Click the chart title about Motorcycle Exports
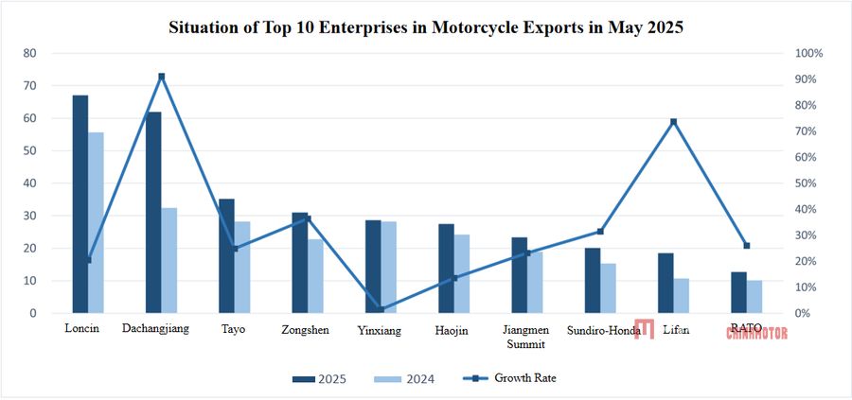point(425,27)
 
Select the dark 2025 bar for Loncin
point(80,203)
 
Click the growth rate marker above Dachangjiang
point(162,77)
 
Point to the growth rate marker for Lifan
point(673,122)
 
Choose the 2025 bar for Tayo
point(226,255)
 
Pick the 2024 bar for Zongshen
point(315,275)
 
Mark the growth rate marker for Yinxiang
point(381,308)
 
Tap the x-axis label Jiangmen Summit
point(526,337)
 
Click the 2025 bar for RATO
point(738,292)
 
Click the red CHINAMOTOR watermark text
point(756,332)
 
